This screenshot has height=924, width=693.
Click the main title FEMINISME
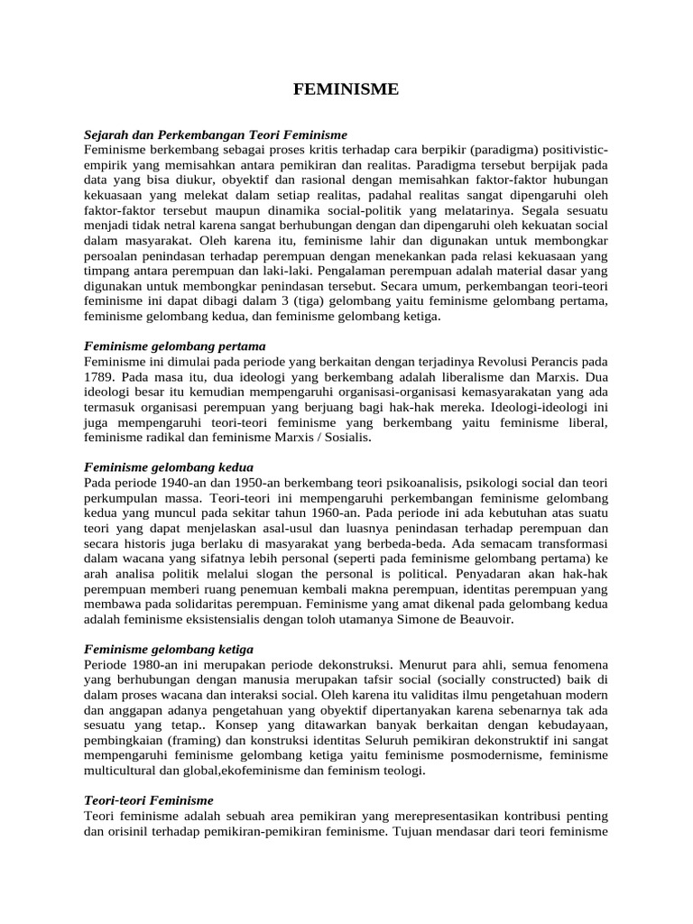346,89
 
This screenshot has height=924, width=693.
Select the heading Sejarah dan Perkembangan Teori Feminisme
215,134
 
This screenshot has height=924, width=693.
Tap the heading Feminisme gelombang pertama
174,346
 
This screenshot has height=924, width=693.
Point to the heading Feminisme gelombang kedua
169,467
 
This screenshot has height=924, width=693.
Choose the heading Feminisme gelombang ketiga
169,649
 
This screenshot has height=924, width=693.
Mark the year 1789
99,374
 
